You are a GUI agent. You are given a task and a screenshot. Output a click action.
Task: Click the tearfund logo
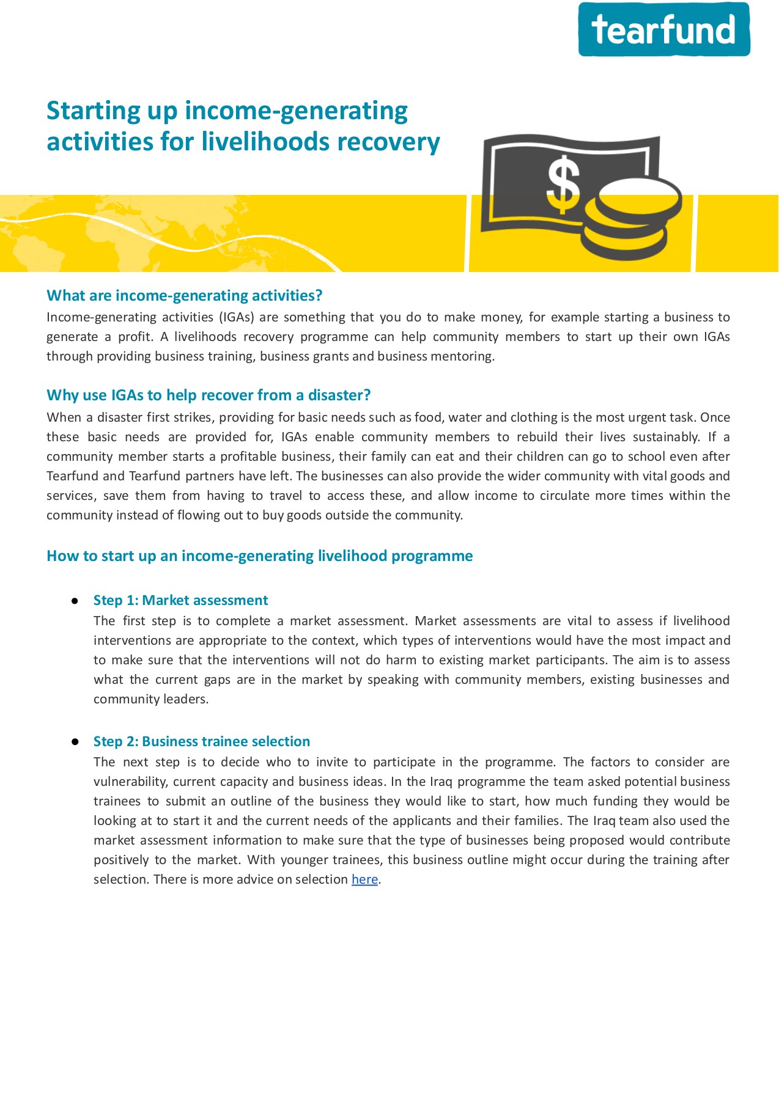point(664,29)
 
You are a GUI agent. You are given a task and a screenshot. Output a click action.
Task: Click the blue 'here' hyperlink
point(364,879)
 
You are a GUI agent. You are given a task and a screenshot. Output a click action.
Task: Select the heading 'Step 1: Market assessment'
point(180,600)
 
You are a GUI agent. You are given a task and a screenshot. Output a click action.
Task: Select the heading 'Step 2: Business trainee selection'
point(201,741)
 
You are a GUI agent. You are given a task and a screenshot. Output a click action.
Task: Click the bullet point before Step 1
point(75,601)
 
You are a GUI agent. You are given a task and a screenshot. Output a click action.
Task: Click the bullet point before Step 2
point(75,741)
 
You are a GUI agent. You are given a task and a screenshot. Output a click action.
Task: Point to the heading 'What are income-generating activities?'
point(184,296)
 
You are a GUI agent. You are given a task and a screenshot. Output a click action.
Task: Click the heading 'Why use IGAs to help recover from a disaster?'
point(209,395)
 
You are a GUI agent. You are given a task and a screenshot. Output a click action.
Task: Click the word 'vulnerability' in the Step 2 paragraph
point(130,782)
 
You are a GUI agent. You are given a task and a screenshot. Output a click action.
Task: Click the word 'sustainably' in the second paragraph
point(665,437)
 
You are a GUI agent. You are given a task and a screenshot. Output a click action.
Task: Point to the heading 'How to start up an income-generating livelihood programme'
point(259,556)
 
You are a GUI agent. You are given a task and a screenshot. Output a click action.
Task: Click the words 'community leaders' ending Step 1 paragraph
point(150,699)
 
